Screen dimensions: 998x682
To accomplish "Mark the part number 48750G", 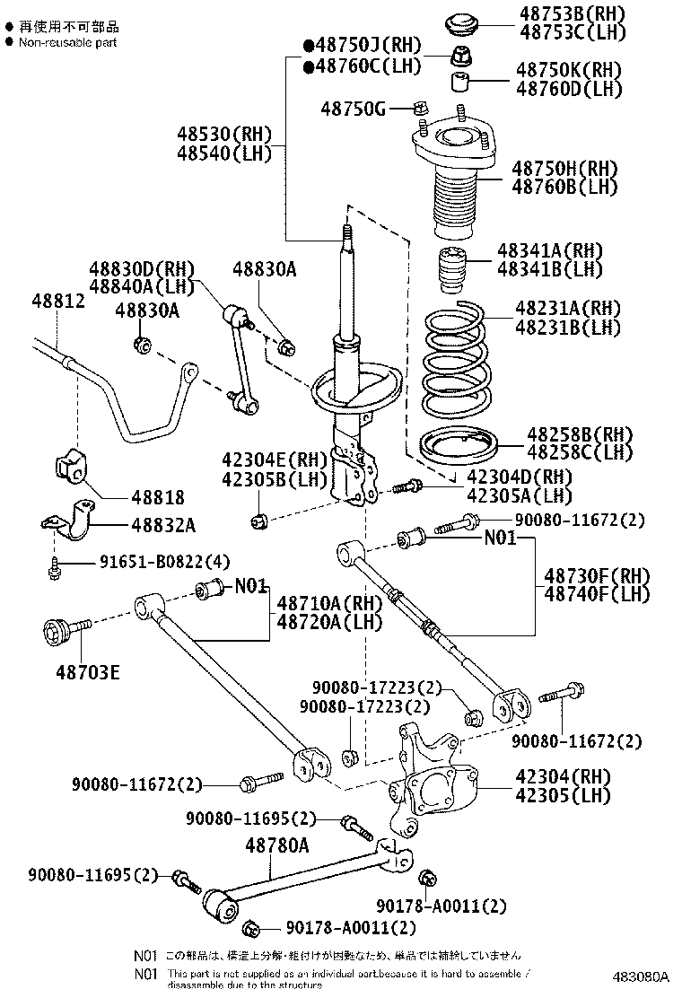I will point(353,109).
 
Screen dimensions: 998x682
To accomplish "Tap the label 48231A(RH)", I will point(567,308).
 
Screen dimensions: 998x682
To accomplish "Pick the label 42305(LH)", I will point(563,795).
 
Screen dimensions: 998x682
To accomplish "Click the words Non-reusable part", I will point(67,42).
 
